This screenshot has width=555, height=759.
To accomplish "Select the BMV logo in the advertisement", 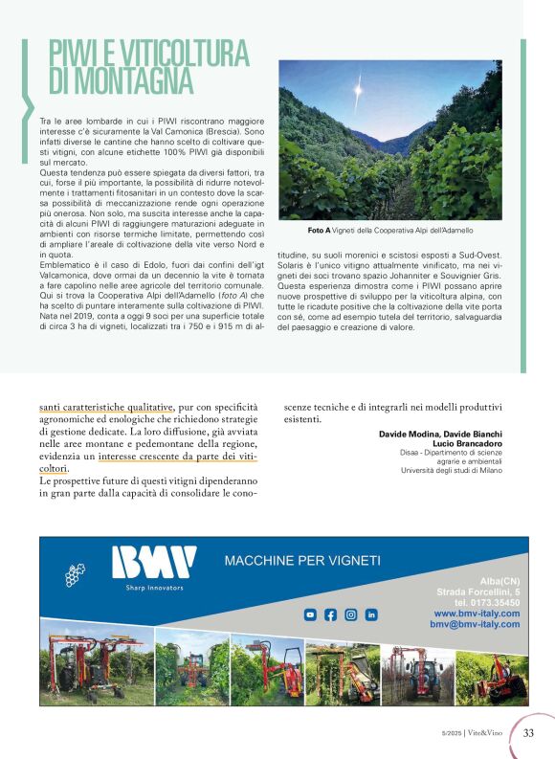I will click(154, 564).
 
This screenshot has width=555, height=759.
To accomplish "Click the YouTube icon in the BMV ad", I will click(310, 614).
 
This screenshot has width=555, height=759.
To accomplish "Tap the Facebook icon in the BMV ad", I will click(331, 614).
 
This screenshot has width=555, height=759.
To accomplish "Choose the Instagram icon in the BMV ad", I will click(351, 614).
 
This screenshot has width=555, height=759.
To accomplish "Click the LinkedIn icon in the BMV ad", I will click(371, 614).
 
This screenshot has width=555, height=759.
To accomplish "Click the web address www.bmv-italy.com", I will click(477, 613).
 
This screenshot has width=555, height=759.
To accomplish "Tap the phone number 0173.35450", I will click(489, 602).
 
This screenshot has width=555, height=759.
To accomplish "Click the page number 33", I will click(528, 733).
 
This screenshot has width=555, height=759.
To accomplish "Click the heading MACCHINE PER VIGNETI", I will click(301, 560).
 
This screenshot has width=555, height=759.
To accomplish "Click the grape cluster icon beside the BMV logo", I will click(75, 574).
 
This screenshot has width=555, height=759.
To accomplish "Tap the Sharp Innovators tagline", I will click(154, 588).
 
